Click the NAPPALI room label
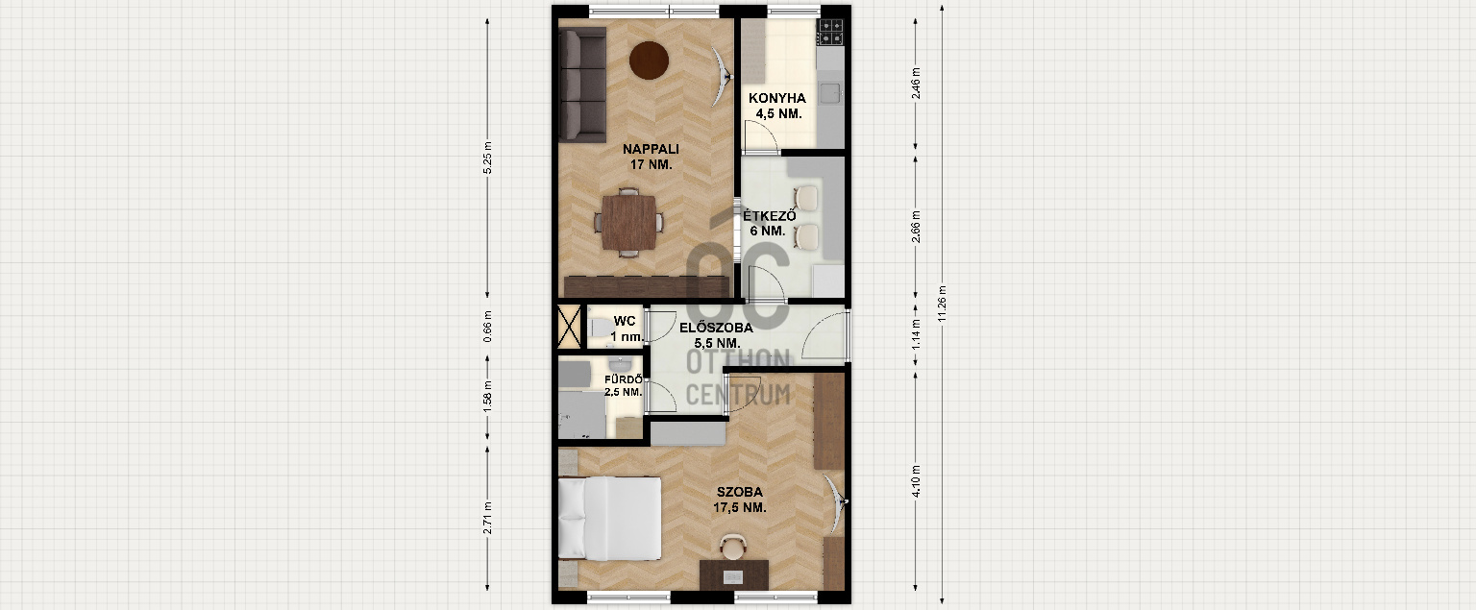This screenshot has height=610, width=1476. click(x=651, y=150)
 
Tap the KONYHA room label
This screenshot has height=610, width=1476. click(x=776, y=98)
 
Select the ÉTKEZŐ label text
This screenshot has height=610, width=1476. click(x=770, y=215)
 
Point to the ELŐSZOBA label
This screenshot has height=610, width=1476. click(x=716, y=328)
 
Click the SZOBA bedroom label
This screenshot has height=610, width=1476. click(x=739, y=492)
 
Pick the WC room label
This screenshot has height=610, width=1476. click(x=625, y=321)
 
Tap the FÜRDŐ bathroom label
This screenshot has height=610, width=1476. click(x=624, y=379)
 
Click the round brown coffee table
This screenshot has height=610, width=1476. click(x=649, y=61)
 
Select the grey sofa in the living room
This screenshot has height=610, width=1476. click(x=582, y=85)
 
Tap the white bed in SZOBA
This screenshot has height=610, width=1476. click(x=609, y=519)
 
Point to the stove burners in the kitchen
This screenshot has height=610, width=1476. click(x=830, y=32)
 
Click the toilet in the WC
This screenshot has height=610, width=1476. click(x=600, y=328)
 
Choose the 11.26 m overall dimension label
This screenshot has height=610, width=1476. click(x=943, y=304)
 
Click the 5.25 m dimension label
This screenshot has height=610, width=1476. click(x=487, y=159)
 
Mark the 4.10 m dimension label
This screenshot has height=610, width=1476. click(x=916, y=481)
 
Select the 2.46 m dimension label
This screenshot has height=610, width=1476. click(x=916, y=84)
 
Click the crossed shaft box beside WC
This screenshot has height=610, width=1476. click(x=569, y=326)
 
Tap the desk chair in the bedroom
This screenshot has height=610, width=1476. click(x=733, y=546)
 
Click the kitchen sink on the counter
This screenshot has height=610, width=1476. click(x=831, y=93)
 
